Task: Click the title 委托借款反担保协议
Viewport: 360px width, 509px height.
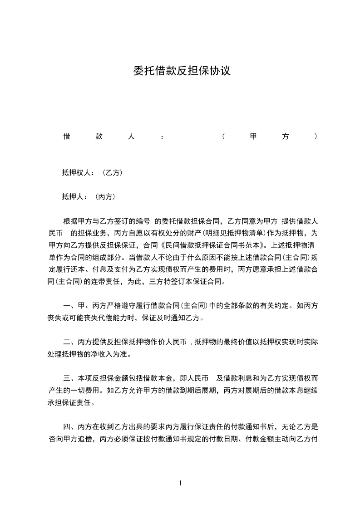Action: pos(182,71)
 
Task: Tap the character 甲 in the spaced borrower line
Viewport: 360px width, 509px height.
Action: pos(253,137)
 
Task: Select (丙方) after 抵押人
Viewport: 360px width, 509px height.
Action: pos(106,197)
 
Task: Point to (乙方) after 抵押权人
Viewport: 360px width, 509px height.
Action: pos(112,173)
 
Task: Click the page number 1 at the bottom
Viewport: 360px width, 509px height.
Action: pos(180,483)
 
